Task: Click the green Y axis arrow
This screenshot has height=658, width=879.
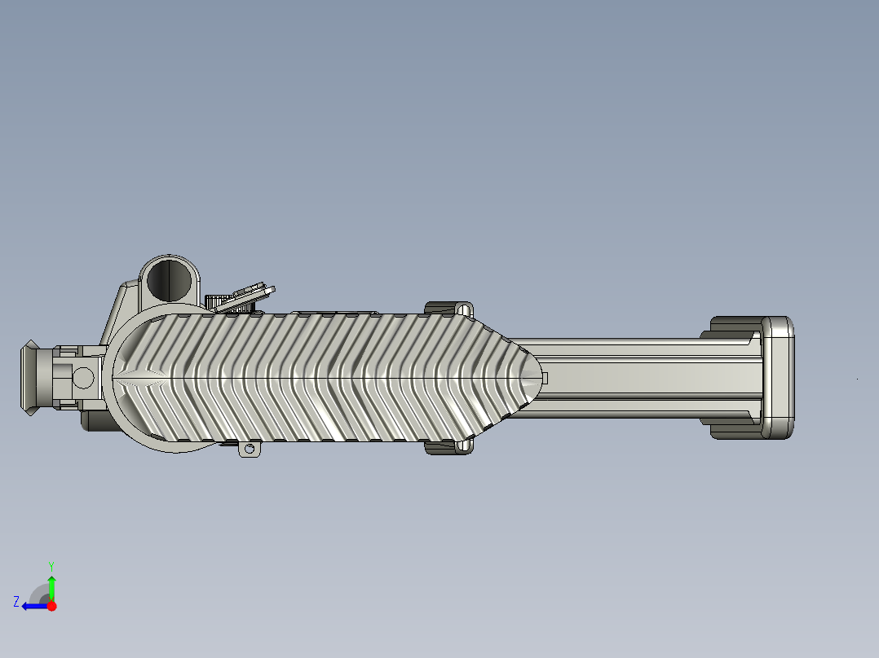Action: [x=51, y=586]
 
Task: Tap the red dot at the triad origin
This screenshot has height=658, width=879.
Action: [x=52, y=606]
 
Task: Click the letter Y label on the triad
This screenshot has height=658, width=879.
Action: [x=51, y=564]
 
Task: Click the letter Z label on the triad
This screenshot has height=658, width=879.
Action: [x=16, y=601]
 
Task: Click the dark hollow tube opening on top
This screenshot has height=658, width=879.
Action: [x=171, y=279]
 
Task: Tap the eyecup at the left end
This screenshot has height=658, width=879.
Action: [x=32, y=378]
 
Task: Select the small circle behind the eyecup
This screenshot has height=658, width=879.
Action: [x=83, y=377]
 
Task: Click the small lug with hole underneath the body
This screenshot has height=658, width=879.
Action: [x=250, y=449]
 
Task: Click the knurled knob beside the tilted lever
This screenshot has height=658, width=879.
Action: [x=218, y=301]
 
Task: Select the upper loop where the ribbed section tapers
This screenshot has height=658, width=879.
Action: [x=464, y=309]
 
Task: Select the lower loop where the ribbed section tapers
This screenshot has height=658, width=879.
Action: [x=463, y=445]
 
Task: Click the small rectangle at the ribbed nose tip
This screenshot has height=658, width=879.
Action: [x=545, y=378]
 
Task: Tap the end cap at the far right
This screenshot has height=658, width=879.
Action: [x=778, y=378]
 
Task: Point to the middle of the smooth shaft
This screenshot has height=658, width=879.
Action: [x=644, y=378]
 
